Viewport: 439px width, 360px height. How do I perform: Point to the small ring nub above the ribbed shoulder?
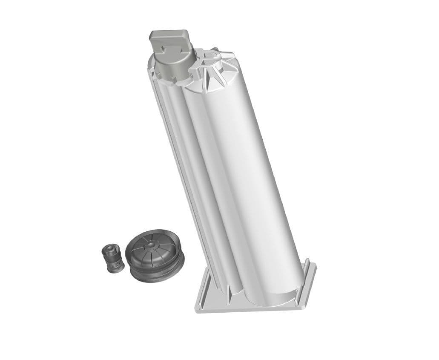(x=215, y=50)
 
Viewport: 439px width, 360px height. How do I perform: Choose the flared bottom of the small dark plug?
(x=114, y=268)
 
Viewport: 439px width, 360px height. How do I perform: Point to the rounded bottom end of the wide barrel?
(x=277, y=298)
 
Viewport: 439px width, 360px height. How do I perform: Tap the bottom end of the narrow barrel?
(x=226, y=290)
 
